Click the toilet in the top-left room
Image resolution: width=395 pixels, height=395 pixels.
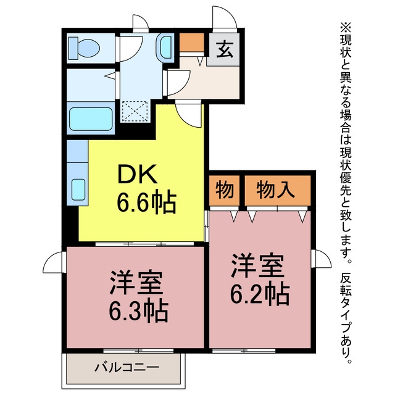tap(84, 48)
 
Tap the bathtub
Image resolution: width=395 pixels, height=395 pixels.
tap(91, 119)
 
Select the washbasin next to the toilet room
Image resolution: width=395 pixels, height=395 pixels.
tap(165, 48)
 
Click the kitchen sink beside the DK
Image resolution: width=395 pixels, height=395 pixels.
tap(78, 189)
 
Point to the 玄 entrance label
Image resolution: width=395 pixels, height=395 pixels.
tap(224, 49)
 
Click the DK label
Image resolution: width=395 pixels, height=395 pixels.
tap(137, 174)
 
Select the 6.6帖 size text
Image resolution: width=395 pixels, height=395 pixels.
tap(146, 203)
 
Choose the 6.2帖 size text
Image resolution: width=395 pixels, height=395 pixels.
tap(260, 294)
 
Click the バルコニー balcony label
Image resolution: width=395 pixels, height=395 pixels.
tap(127, 368)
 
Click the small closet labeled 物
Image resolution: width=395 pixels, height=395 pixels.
tap(224, 190)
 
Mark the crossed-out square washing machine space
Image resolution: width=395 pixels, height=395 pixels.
tap(135, 111)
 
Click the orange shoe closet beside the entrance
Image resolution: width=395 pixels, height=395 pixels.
tap(192, 42)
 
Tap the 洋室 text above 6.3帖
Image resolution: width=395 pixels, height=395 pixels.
tap(136, 283)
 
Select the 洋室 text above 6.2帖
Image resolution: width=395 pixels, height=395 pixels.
tap(258, 266)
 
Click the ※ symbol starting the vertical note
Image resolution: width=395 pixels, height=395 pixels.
tap(346, 27)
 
